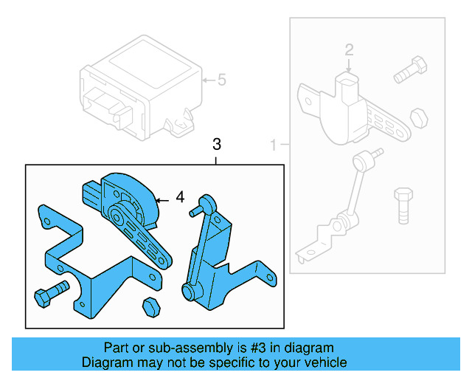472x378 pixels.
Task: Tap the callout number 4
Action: [180, 198]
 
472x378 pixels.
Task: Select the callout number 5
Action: [221, 80]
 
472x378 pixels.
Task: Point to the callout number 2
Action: [350, 49]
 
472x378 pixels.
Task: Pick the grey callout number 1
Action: [274, 143]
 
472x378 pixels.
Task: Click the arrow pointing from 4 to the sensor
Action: [163, 199]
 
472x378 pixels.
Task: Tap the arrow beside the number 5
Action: [207, 80]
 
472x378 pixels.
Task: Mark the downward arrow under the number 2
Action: [350, 66]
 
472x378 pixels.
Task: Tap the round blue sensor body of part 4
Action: [131, 193]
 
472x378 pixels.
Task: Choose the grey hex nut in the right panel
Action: [417, 117]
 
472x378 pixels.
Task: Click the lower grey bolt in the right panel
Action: [403, 205]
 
